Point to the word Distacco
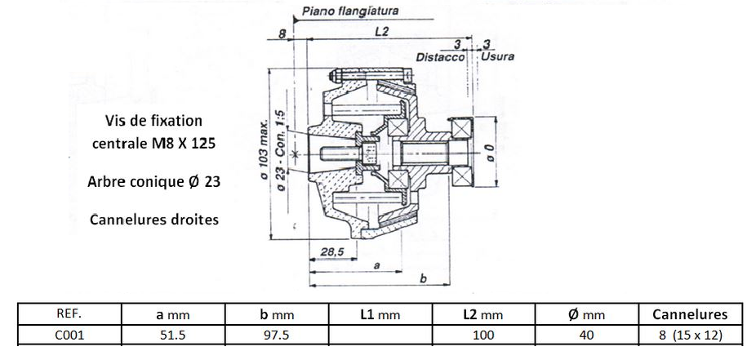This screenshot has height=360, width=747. point(440,58)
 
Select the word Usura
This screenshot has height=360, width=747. point(498,58)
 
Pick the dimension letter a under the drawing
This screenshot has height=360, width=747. point(375,265)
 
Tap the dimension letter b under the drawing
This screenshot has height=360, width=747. point(422,278)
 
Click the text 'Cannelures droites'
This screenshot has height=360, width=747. point(154,220)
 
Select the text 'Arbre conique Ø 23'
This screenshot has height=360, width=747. point(154,182)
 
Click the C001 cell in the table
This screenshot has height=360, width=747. point(69,334)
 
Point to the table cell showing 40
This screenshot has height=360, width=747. point(586,334)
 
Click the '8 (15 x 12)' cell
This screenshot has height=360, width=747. point(691,334)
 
